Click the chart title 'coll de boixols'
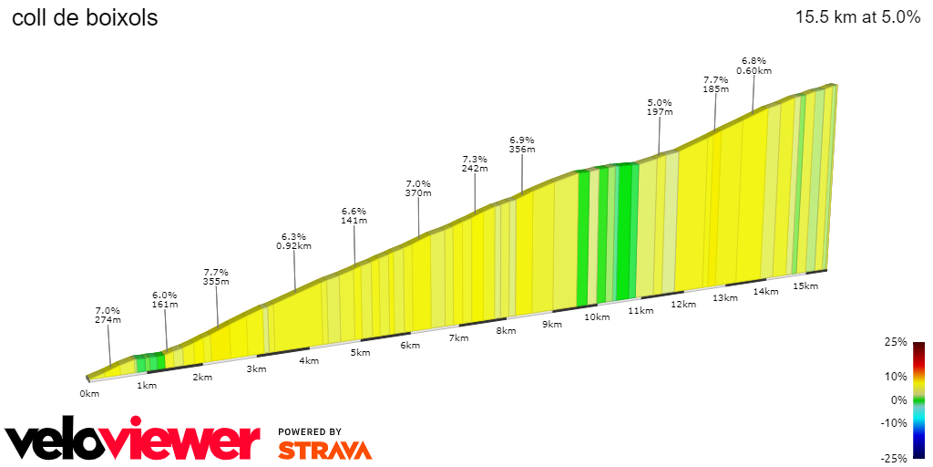[84, 17]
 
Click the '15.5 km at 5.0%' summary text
[857, 17]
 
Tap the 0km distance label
[89, 394]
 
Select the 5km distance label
[361, 353]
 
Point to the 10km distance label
[597, 317]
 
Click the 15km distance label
[805, 286]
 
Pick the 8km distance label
[506, 331]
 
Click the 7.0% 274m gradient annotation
[108, 315]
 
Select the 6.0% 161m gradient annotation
[164, 300]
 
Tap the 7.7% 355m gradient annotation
[216, 276]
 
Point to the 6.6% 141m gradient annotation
[354, 215]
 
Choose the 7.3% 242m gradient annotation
[475, 163]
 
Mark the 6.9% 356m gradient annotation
[522, 144]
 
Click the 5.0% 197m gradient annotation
[660, 107]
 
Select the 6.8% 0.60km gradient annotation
[754, 66]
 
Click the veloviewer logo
[132, 441]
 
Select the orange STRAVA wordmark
[324, 450]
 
